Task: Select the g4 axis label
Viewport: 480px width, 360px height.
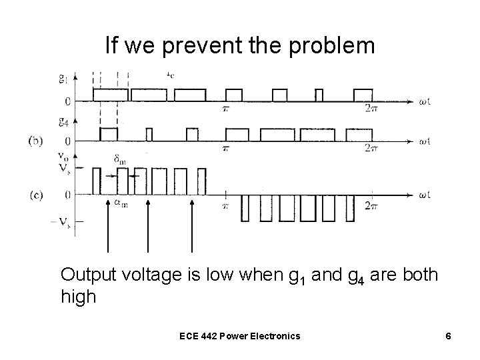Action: [x=63, y=121]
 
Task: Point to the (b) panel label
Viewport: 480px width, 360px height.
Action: [x=37, y=141]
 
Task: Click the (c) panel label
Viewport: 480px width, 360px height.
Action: [x=37, y=195]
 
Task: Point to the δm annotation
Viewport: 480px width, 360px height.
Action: [x=120, y=159]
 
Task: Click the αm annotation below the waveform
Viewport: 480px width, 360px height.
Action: [x=120, y=205]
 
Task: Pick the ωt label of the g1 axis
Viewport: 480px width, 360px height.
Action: [x=425, y=101]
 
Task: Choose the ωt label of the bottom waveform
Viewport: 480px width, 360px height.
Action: [x=425, y=195]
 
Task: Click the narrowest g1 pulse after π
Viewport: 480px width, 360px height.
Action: [x=318, y=94]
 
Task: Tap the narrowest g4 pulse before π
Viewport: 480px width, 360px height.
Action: [x=149, y=135]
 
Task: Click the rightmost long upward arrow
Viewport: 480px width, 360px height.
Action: [x=192, y=227]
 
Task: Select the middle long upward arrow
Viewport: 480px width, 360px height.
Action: [x=148, y=227]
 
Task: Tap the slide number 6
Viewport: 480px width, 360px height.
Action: [x=449, y=336]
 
